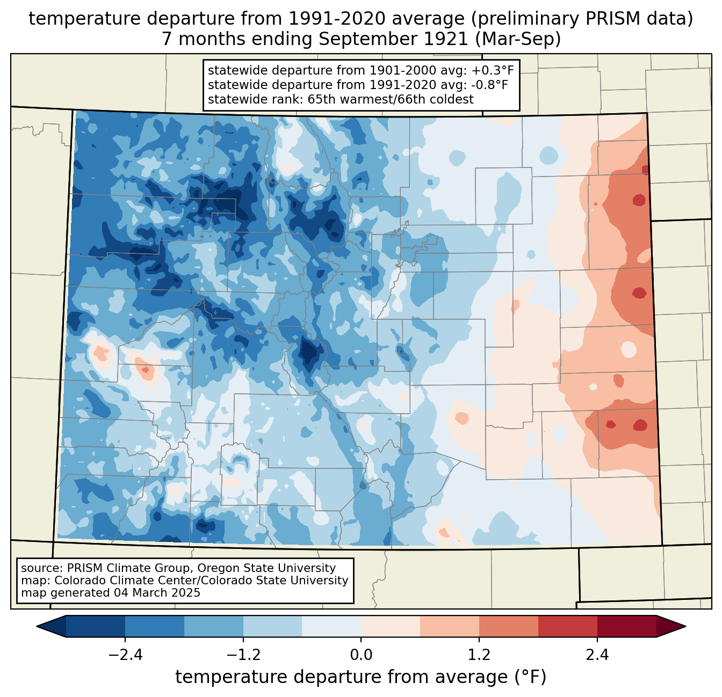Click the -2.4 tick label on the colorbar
coord(125,655)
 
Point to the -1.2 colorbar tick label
coord(243,655)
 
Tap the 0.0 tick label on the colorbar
coord(361,655)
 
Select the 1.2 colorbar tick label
coord(479,655)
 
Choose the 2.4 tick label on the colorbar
coord(597,655)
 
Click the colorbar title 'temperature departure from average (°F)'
coord(361,677)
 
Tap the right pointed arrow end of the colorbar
coord(671,626)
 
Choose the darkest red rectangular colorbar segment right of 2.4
coord(627,626)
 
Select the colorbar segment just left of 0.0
coord(331,626)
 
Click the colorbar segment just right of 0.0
coord(391,626)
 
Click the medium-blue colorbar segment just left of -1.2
coord(214,626)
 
